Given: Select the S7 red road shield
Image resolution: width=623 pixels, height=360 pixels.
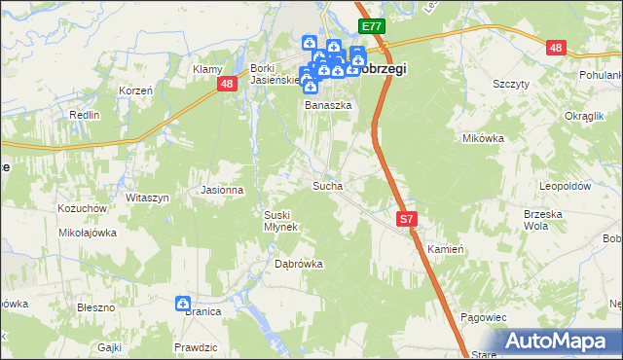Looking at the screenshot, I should (408, 221).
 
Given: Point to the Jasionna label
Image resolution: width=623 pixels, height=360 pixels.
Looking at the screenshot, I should (222, 190).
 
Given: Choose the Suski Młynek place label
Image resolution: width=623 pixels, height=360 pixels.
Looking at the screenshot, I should (281, 220).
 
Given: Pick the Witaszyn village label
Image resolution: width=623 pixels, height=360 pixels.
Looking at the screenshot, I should (147, 198).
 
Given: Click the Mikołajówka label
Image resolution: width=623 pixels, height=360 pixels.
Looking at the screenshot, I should (88, 233).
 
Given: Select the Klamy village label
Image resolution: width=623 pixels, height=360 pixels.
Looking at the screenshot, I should (208, 69).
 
